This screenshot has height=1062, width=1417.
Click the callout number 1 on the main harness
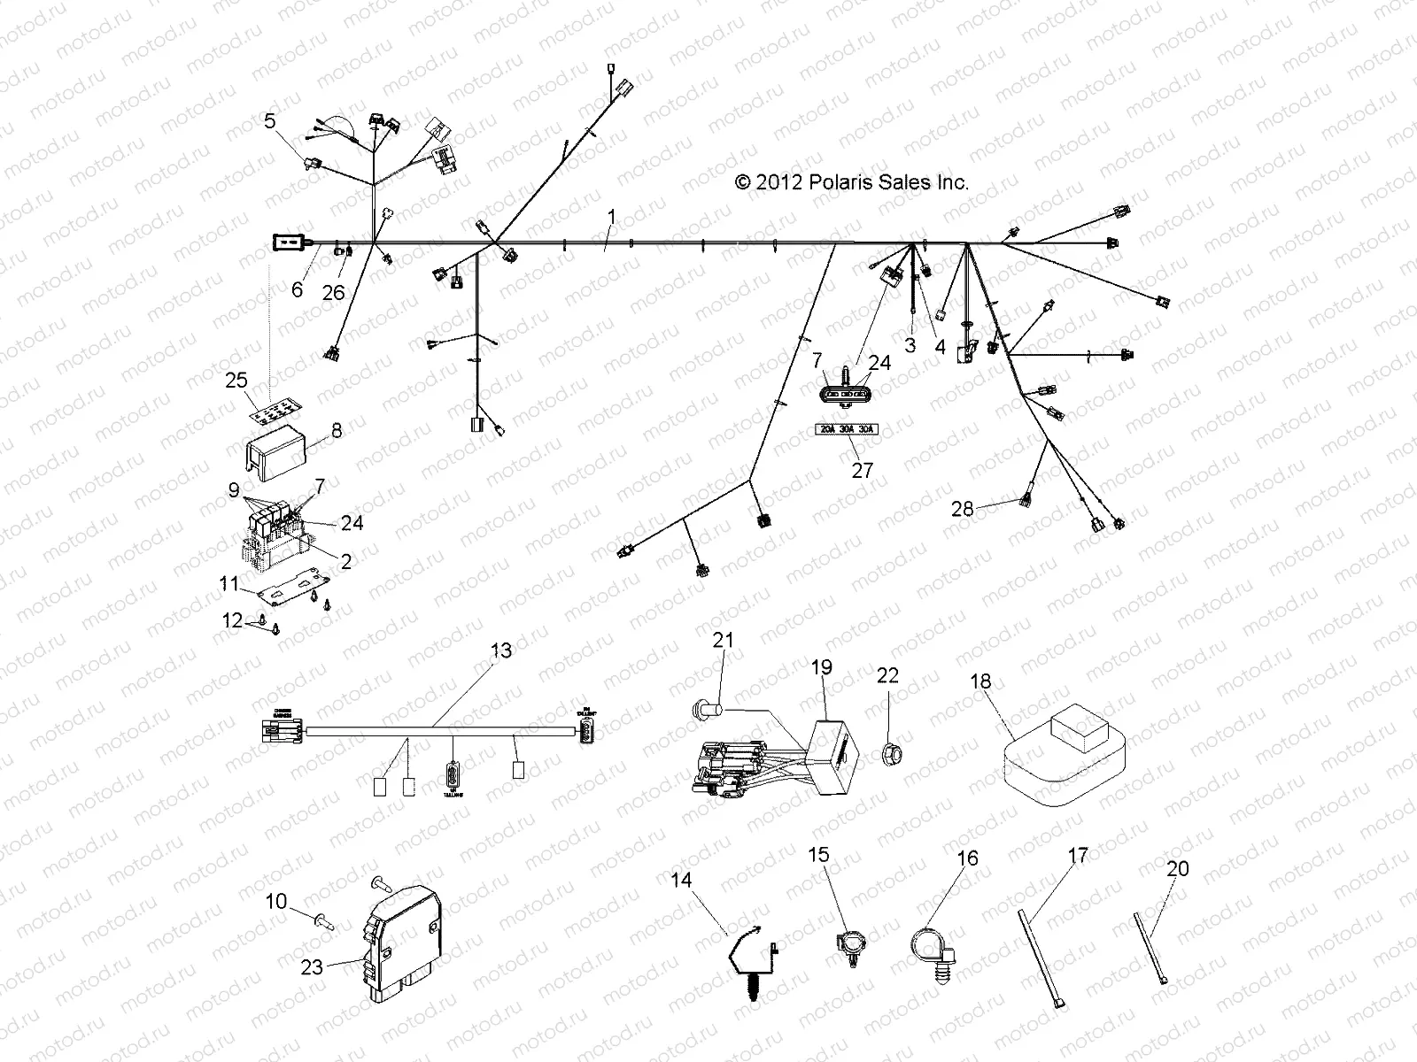(635, 216)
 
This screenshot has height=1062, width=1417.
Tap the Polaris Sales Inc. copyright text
(851, 182)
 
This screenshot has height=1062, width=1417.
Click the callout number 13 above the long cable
(501, 650)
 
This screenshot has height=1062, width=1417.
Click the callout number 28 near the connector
(962, 509)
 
